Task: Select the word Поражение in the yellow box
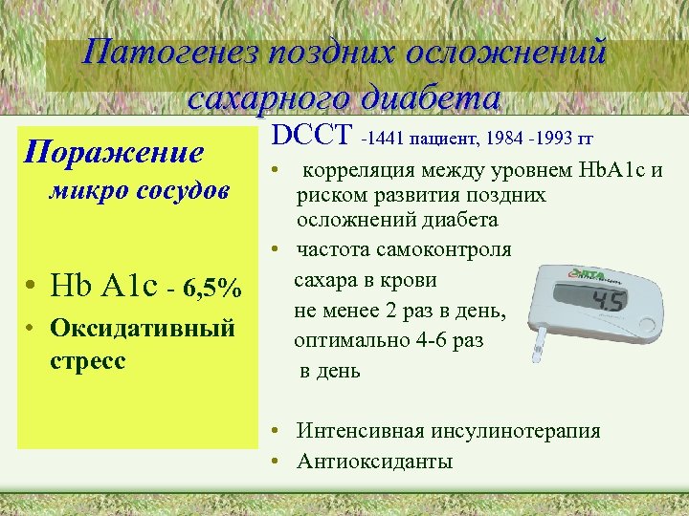(x=114, y=152)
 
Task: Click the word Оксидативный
(x=142, y=329)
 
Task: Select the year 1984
(x=504, y=141)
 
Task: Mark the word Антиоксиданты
(x=375, y=462)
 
